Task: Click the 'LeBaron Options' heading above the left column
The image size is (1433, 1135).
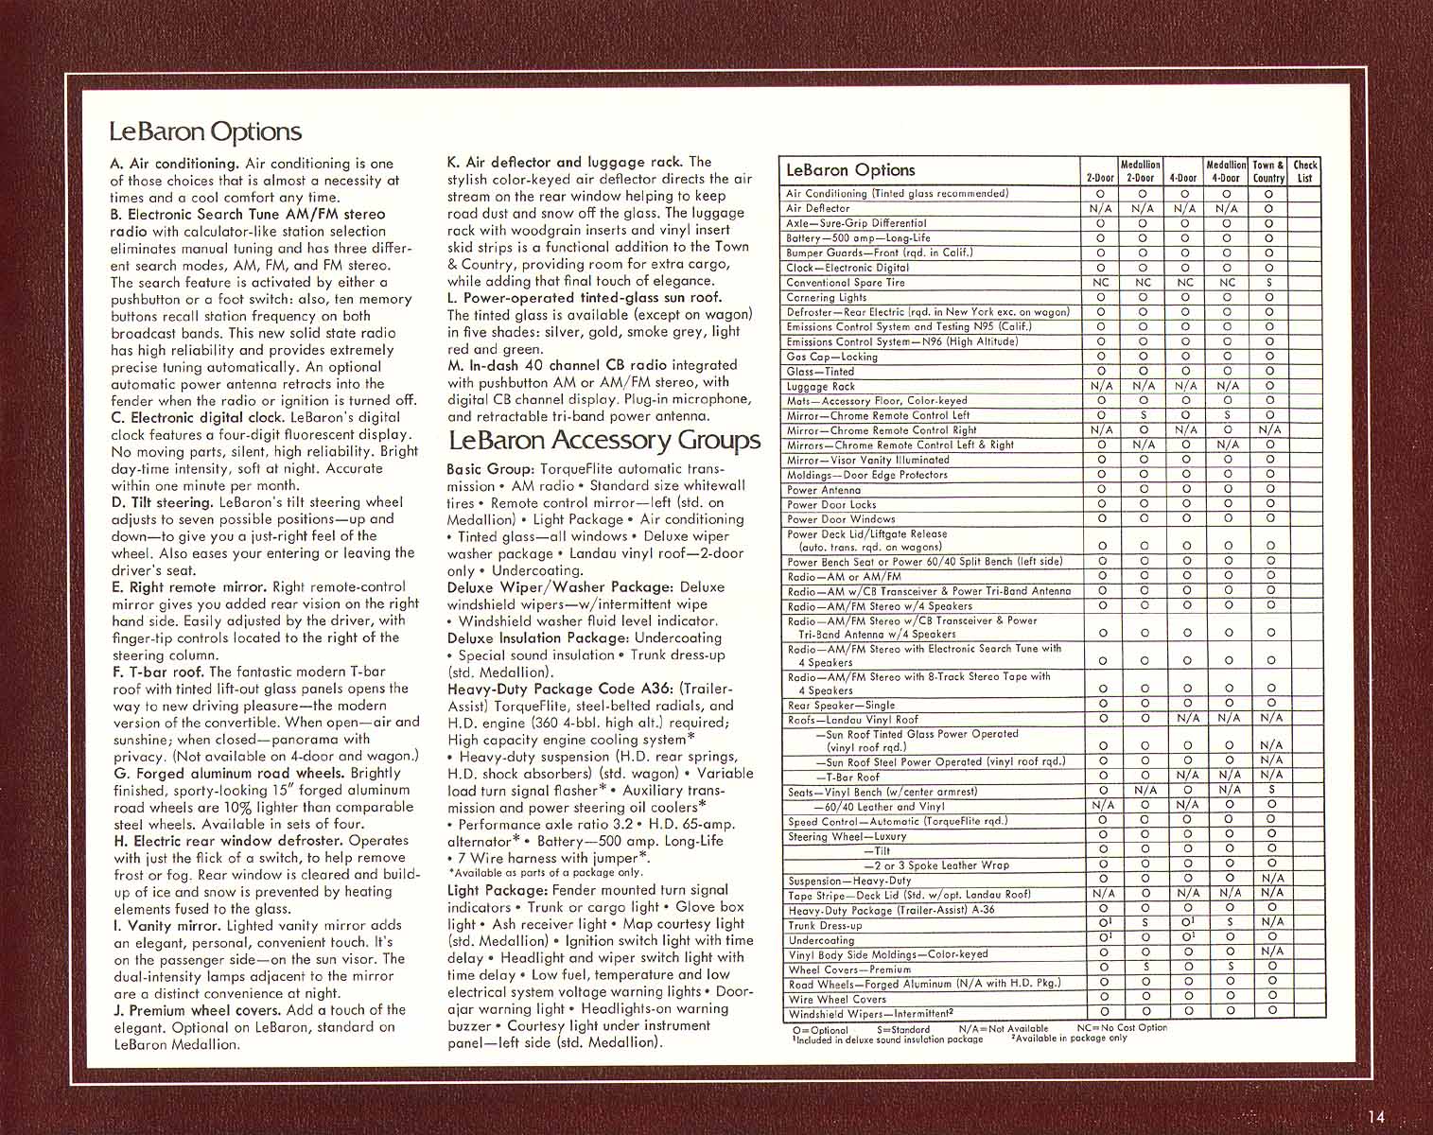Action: pos(205,131)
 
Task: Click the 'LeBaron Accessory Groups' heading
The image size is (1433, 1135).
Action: pos(603,440)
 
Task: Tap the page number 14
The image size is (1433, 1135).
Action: pos(1375,1117)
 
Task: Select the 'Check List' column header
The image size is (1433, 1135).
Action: pos(1305,171)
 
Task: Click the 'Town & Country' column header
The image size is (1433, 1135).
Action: pos(1268,171)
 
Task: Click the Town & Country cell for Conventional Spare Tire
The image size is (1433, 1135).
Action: pos(1269,282)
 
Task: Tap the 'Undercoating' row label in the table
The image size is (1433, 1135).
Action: pos(821,940)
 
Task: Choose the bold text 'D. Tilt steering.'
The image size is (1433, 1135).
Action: pos(162,502)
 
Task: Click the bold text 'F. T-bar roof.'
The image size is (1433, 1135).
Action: pos(157,672)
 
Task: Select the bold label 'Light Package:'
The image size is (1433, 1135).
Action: pos(497,890)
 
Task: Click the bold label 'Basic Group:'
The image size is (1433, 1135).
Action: pos(490,469)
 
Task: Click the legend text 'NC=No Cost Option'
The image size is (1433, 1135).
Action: pos(1122,1028)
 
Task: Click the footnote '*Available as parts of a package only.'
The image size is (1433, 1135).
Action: pos(545,872)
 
